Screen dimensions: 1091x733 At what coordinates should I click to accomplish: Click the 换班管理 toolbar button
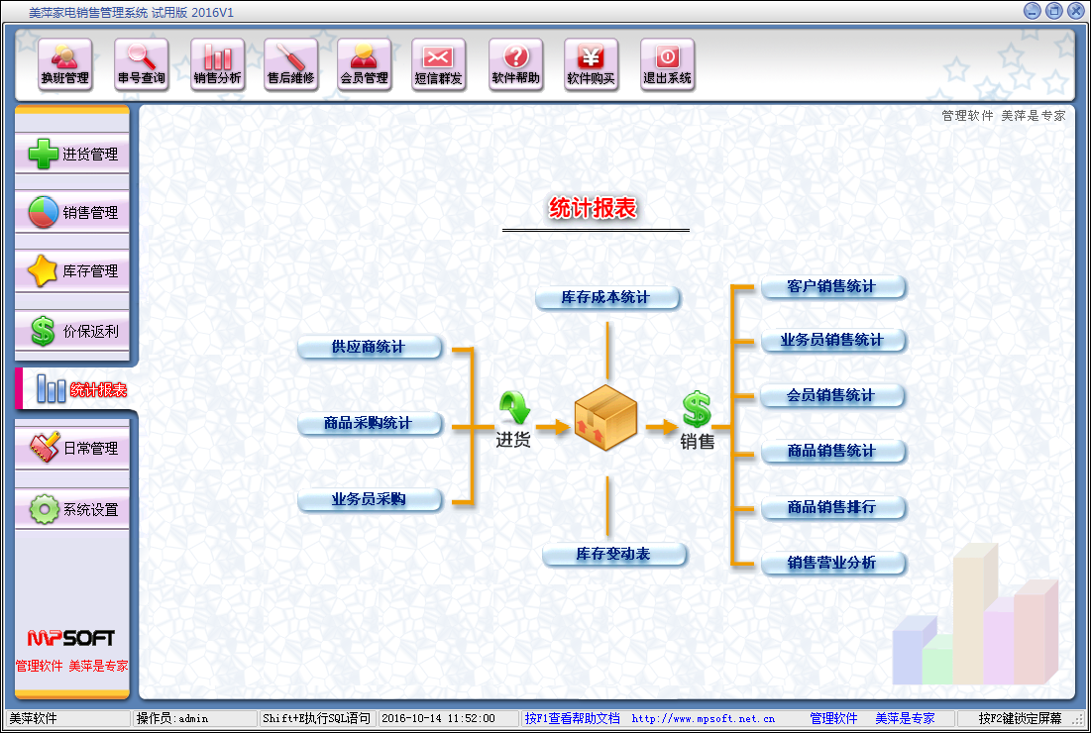64,64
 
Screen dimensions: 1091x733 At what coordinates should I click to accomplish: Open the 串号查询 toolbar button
142,64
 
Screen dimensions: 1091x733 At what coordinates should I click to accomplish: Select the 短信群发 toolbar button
438,64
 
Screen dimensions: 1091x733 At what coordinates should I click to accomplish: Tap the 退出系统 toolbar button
667,64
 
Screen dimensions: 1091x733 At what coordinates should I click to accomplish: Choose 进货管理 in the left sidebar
72,154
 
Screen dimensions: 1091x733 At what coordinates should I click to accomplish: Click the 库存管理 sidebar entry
72,271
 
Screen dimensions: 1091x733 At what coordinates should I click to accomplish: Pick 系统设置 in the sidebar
72,509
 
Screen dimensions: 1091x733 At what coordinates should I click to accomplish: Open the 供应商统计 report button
370,347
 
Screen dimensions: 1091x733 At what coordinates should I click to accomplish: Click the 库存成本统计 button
607,297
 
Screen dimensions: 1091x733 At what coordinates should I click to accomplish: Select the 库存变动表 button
614,555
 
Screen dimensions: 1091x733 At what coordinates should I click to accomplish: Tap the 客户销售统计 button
832,286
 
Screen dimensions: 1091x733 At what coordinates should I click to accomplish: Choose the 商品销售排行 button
832,508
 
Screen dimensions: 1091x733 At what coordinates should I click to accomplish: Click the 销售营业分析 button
832,563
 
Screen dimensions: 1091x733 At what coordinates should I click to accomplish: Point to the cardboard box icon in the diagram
605,417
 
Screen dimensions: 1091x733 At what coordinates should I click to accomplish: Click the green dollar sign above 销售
697,410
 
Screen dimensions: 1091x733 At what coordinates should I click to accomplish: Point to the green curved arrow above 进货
515,407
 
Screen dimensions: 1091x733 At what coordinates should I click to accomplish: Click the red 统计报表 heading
593,208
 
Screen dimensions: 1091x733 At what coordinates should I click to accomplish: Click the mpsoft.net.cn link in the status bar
703,718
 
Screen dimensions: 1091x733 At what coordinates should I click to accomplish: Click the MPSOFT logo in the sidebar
71,638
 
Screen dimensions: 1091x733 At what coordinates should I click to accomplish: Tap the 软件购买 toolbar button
591,64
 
